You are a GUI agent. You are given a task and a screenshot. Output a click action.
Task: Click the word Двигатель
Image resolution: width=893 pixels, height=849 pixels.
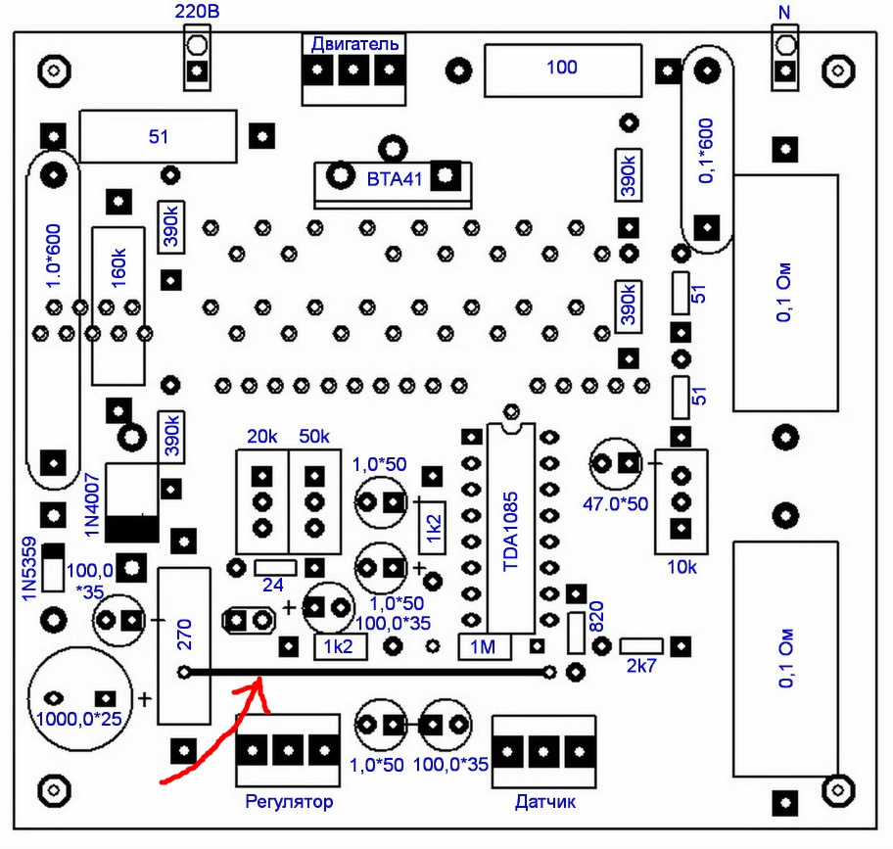click(x=354, y=44)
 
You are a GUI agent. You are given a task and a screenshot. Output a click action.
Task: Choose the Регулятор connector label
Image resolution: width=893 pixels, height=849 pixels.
click(x=288, y=802)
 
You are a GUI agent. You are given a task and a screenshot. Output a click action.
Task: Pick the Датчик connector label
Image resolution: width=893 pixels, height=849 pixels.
click(x=545, y=802)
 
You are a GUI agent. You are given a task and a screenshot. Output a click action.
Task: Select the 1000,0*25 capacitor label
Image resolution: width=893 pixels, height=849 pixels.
click(x=78, y=721)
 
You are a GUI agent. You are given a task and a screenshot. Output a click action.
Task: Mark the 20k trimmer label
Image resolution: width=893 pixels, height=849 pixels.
click(x=262, y=435)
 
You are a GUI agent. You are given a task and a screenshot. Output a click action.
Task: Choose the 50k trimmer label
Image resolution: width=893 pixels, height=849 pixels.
click(x=314, y=435)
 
